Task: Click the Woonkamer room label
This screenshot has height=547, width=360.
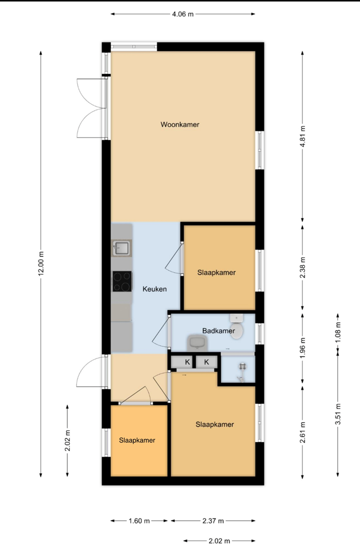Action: [x=180, y=125]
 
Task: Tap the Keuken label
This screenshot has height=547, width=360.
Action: [x=155, y=289]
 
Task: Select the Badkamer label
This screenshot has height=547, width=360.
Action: [x=219, y=331]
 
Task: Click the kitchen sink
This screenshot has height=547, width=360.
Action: [x=122, y=248]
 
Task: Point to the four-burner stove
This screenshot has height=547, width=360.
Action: [x=122, y=281]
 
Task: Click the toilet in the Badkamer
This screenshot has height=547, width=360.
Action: [x=236, y=327]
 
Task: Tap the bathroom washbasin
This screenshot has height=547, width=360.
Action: [x=197, y=343]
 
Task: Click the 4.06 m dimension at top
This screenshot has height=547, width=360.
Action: [x=183, y=14]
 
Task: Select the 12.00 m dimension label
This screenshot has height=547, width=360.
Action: [x=41, y=264]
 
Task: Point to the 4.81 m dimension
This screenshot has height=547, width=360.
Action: [x=303, y=136]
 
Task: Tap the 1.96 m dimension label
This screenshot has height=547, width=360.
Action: [x=303, y=348]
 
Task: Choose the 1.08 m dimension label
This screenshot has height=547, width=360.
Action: [x=338, y=332]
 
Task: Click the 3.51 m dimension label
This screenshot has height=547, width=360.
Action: [x=338, y=414]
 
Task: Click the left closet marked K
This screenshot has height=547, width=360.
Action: [x=182, y=362]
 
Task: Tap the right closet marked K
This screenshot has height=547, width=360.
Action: [x=206, y=362]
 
